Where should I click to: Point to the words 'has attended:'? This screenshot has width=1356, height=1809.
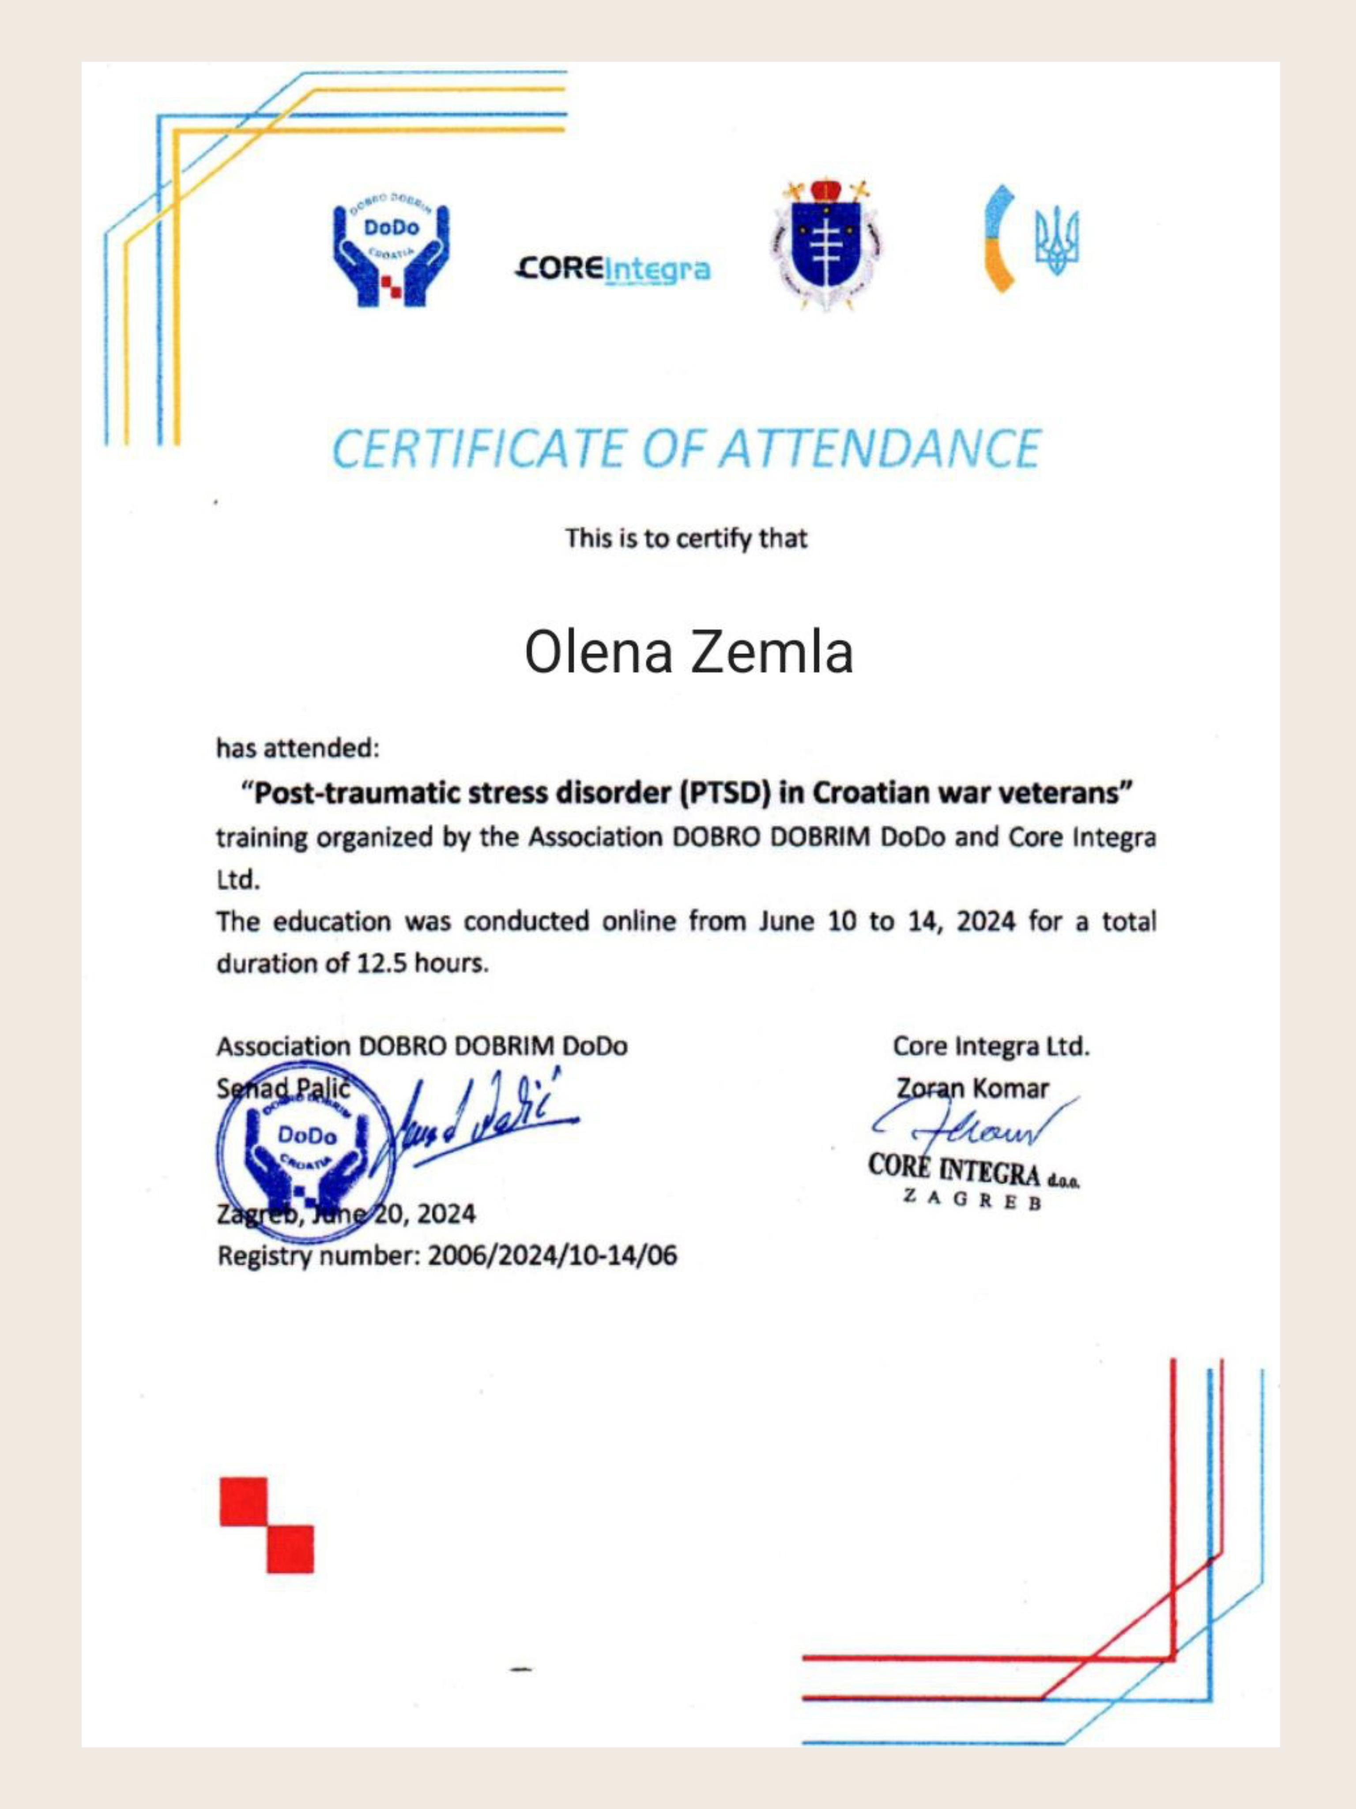pyautogui.click(x=298, y=747)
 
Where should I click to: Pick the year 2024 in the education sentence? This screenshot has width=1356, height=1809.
pyautogui.click(x=986, y=922)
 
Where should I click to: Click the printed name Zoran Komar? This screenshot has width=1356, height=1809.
pyautogui.click(x=973, y=1089)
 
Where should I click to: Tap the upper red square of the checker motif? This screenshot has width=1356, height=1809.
pyautogui.click(x=244, y=1502)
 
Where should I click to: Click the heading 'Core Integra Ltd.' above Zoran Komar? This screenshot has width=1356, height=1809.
pyautogui.click(x=991, y=1046)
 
